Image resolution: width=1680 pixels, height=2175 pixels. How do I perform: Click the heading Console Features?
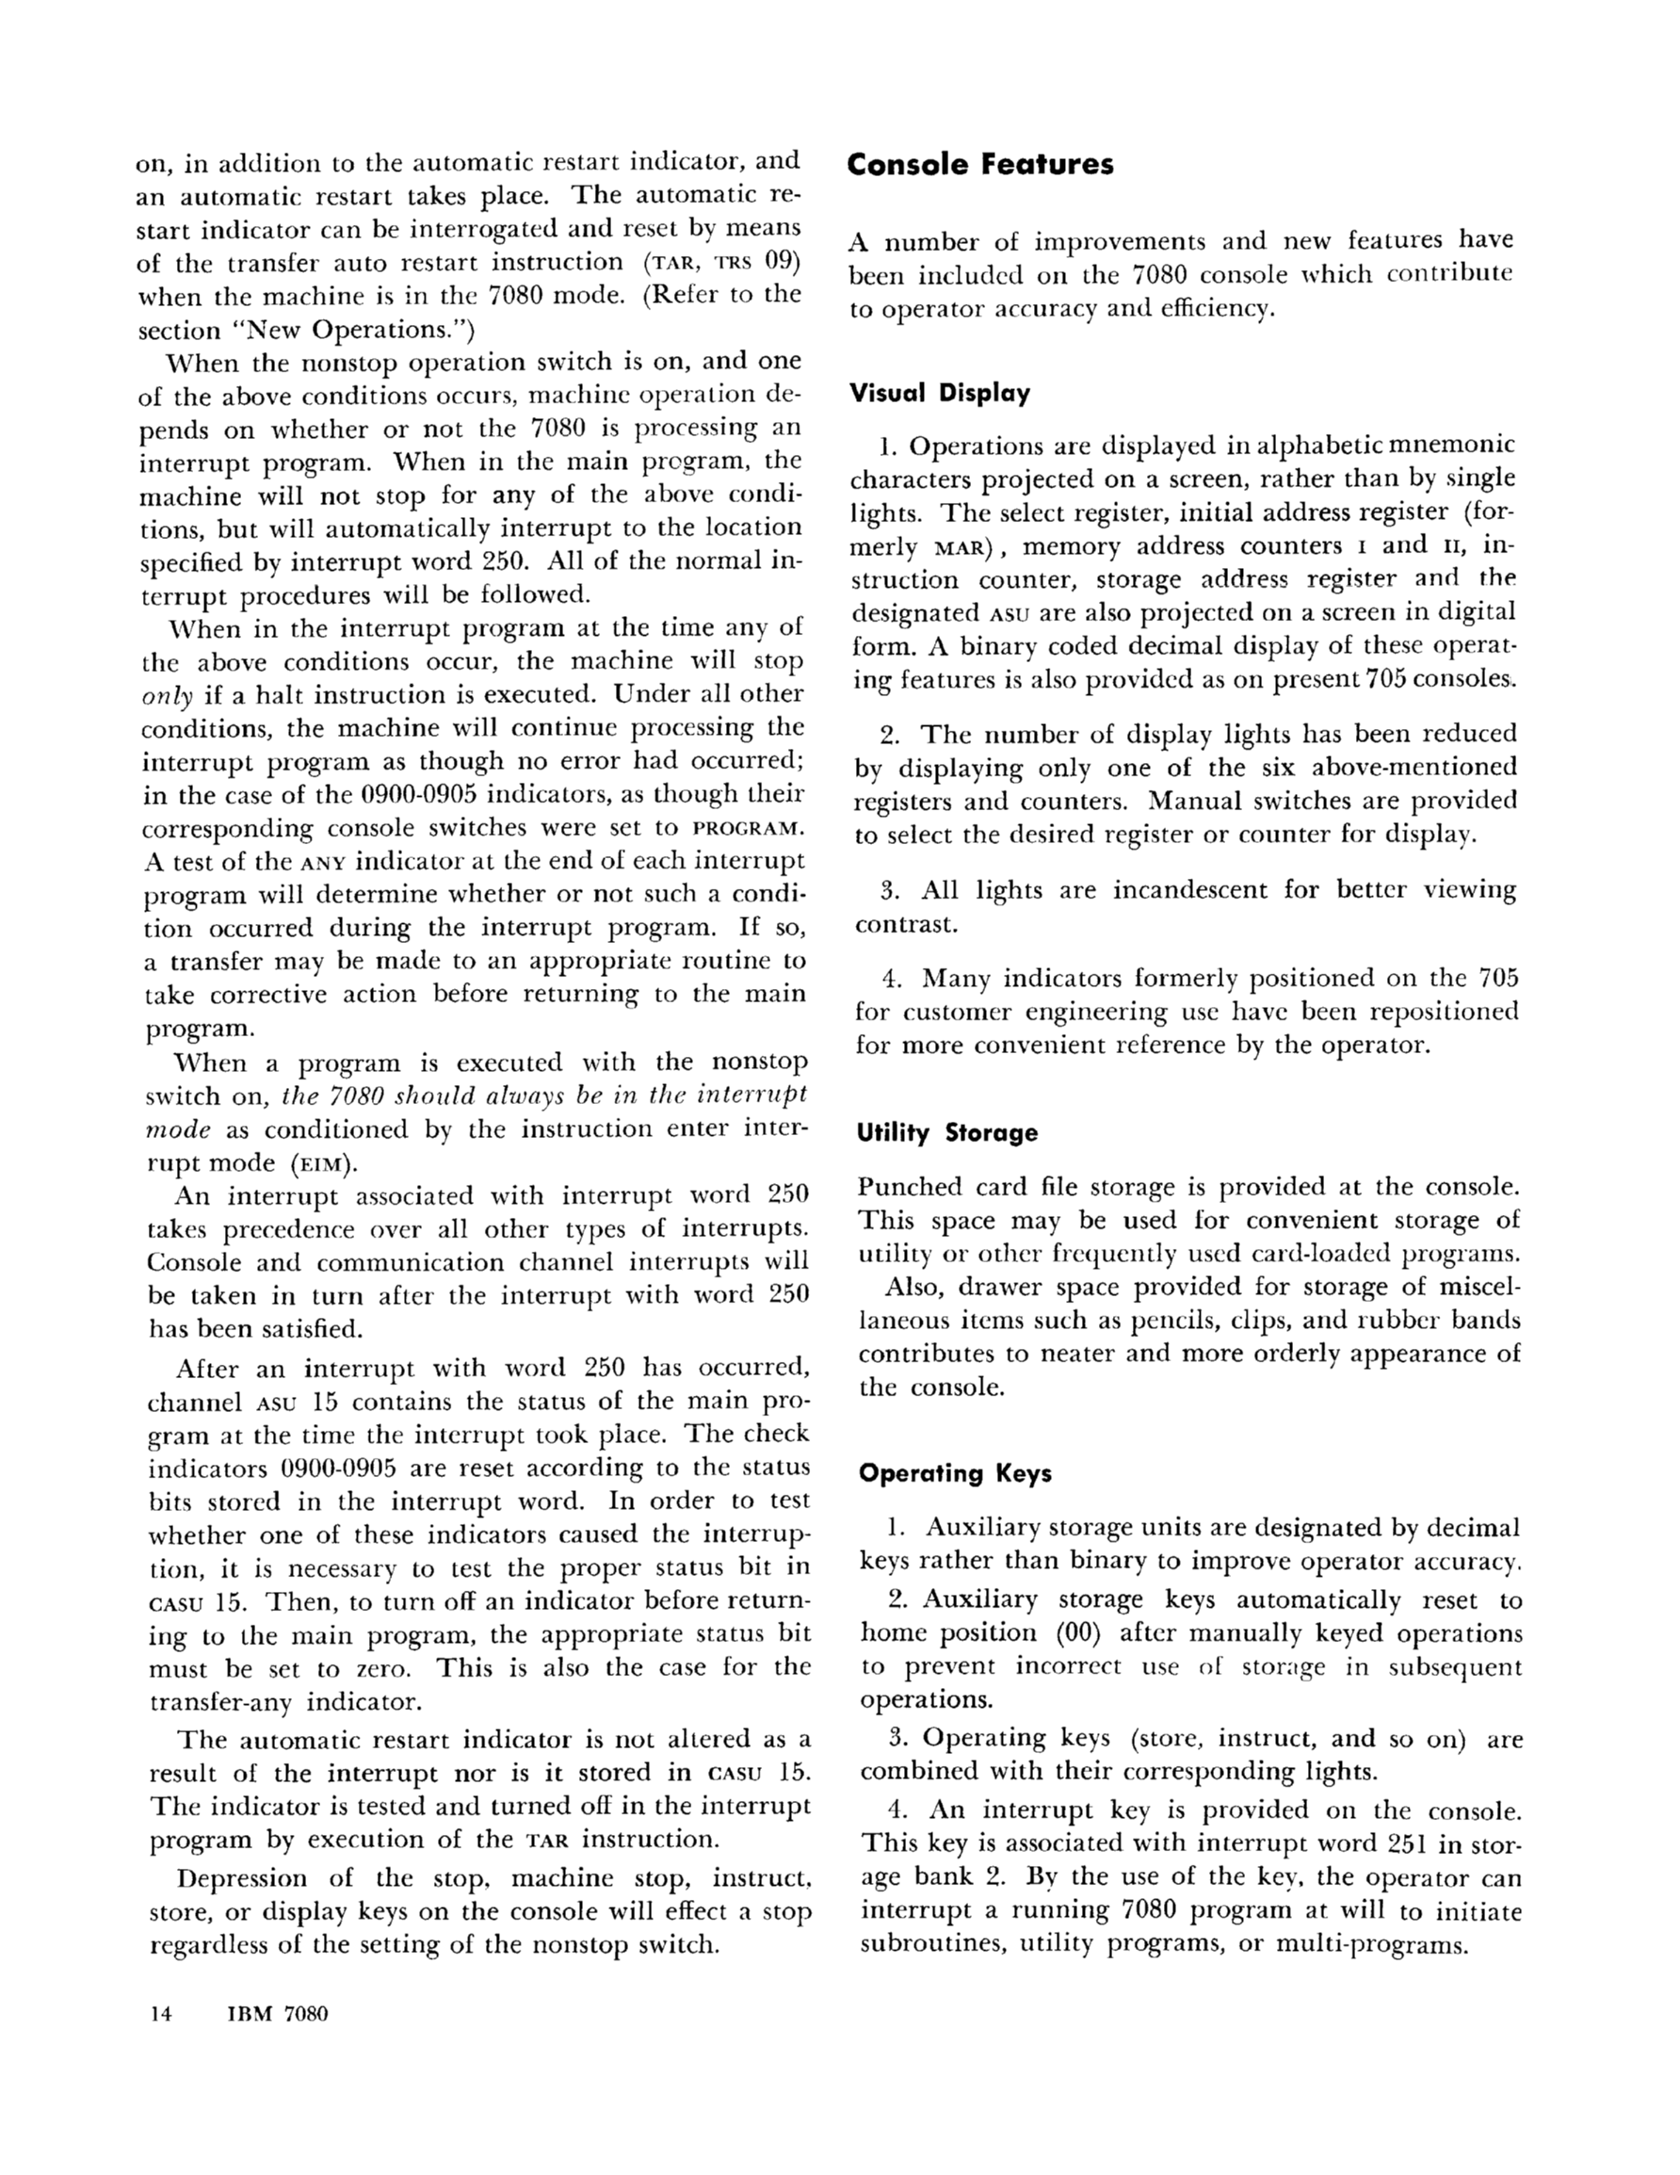(980, 164)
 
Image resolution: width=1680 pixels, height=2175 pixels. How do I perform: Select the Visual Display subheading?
(939, 394)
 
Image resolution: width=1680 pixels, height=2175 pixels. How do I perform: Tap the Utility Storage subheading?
(947, 1132)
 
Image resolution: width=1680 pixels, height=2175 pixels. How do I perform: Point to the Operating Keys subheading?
(955, 1473)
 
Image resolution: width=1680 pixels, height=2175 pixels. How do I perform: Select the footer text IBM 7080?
(278, 2014)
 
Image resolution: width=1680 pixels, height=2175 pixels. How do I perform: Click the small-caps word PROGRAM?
(748, 829)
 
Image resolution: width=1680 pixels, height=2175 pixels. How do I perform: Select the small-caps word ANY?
(323, 863)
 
